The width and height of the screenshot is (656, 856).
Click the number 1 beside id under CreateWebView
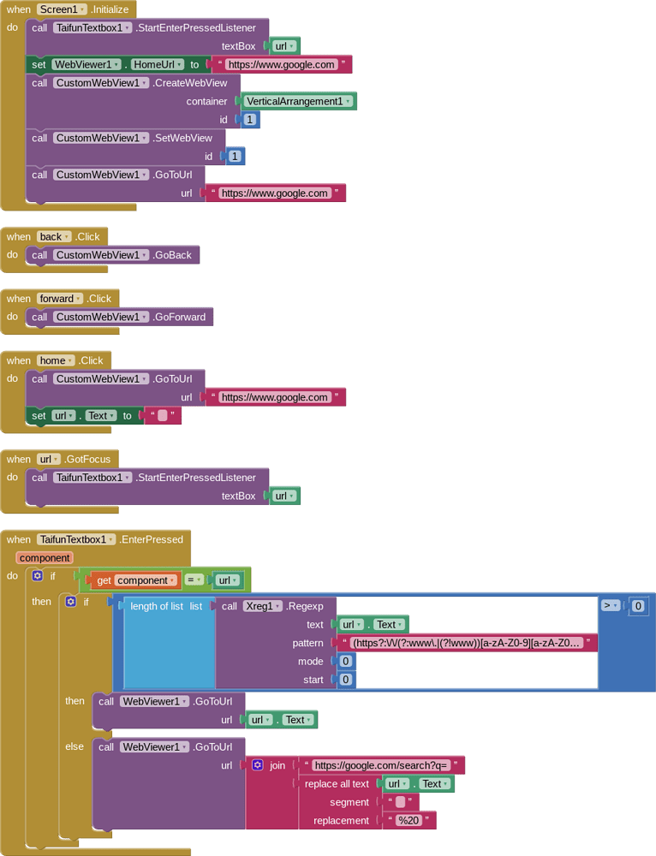coord(249,120)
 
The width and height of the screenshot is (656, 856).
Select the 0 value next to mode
coord(345,661)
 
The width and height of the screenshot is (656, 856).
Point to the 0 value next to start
coord(345,680)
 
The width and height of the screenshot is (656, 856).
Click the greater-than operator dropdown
coord(611,605)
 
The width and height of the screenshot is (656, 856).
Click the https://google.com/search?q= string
coord(382,765)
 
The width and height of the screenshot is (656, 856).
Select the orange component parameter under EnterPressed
coord(45,558)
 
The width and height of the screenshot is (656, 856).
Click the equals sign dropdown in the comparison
coord(195,580)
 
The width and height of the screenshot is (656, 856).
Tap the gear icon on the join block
coord(257,765)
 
